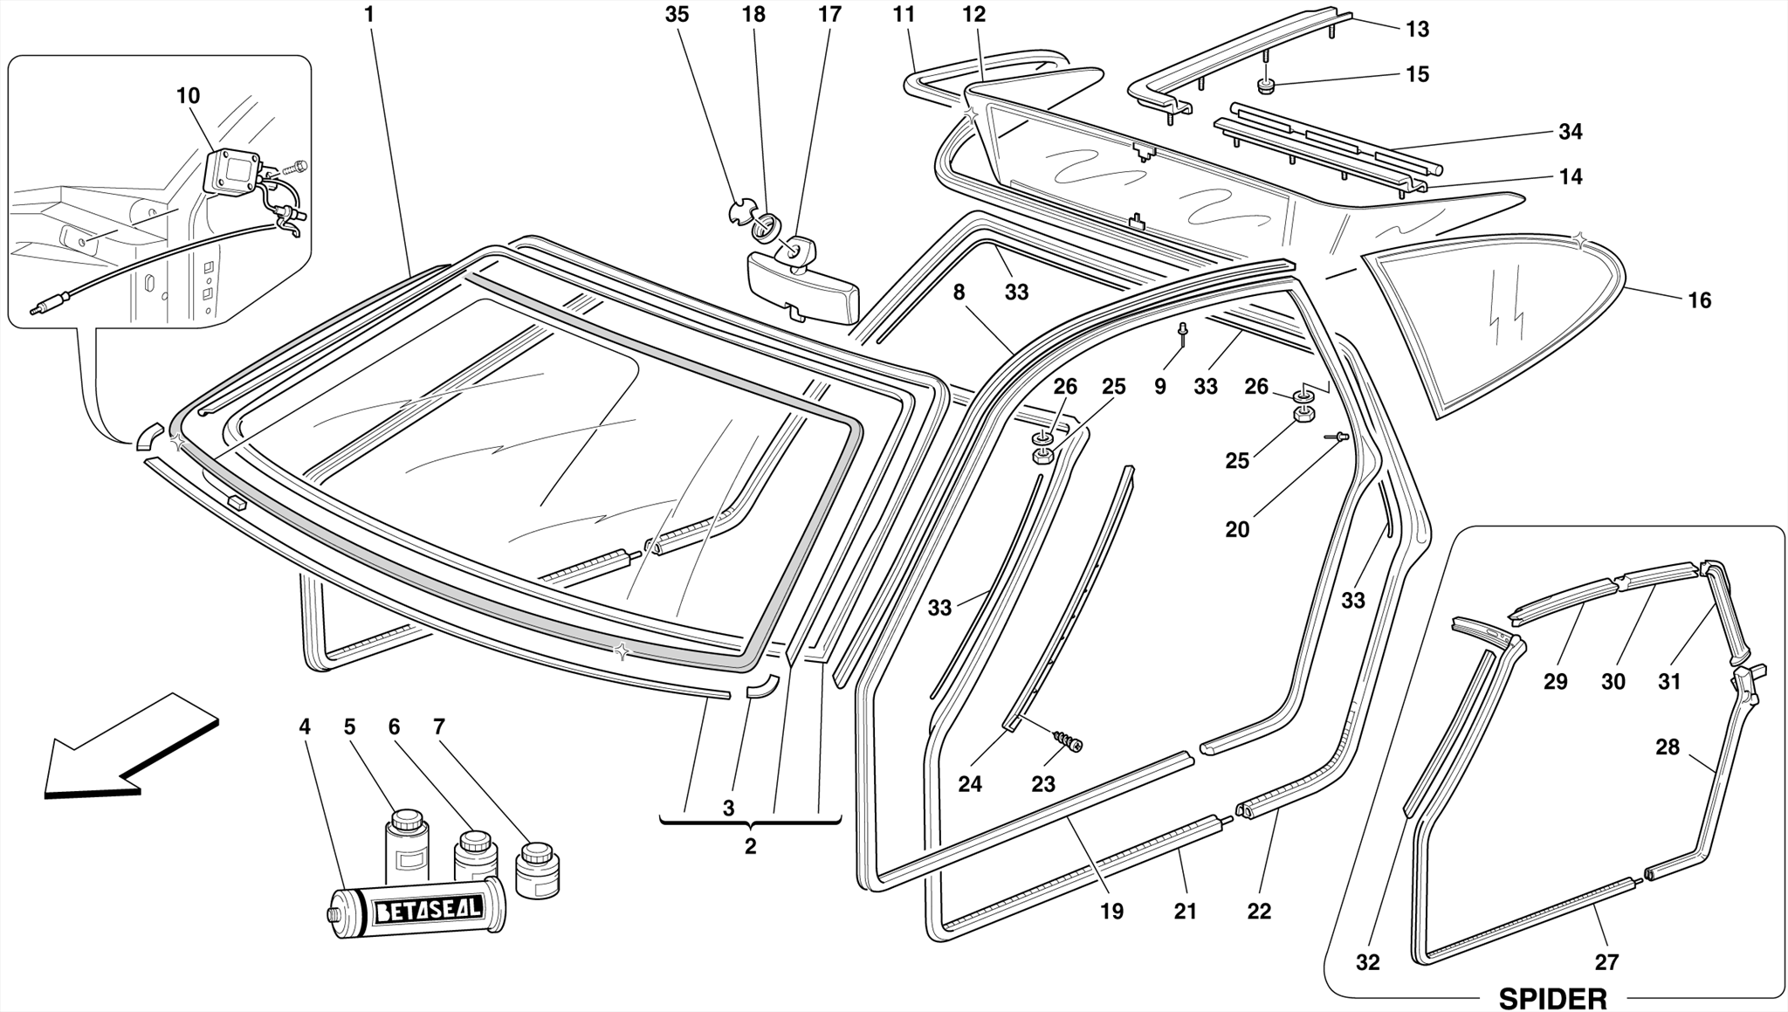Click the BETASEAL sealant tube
click(x=417, y=908)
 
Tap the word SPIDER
click(x=1552, y=998)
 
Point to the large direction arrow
click(x=131, y=747)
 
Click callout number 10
click(x=188, y=96)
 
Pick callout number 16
click(x=1699, y=300)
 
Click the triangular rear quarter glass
click(x=1493, y=323)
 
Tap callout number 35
click(x=677, y=15)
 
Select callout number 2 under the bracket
click(x=750, y=846)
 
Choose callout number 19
click(x=1111, y=912)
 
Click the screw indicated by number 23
click(x=1069, y=742)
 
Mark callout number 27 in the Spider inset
click(x=1606, y=962)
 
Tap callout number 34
click(x=1571, y=132)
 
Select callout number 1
click(x=369, y=15)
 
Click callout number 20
click(x=1237, y=529)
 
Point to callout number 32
click(x=1368, y=962)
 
